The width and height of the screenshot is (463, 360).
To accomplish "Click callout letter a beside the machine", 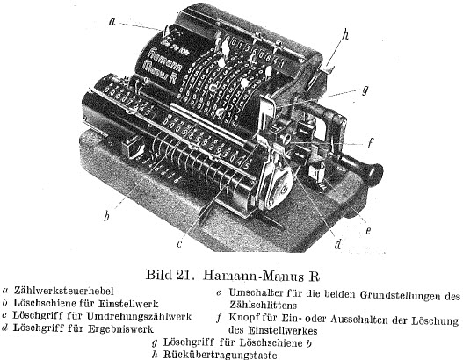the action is [112, 22].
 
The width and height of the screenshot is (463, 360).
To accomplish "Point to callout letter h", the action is [345, 35].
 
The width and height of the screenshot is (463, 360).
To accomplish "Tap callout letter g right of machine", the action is [365, 90].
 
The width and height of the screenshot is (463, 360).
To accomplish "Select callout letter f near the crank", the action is [370, 143].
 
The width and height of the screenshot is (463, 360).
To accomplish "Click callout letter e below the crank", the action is [368, 230].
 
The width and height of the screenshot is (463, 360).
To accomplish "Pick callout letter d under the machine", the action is [337, 244].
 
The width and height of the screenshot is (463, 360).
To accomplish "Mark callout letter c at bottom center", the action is [179, 244].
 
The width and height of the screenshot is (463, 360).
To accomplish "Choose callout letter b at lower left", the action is [106, 216].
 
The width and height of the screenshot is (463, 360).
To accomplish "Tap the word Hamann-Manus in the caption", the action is [253, 276].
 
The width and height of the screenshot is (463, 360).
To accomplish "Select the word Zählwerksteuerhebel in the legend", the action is [63, 291].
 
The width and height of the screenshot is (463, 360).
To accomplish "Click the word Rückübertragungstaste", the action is [220, 355].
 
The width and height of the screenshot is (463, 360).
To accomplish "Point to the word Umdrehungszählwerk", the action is [139, 316].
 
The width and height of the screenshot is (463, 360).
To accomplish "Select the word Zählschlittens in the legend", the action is [263, 305].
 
